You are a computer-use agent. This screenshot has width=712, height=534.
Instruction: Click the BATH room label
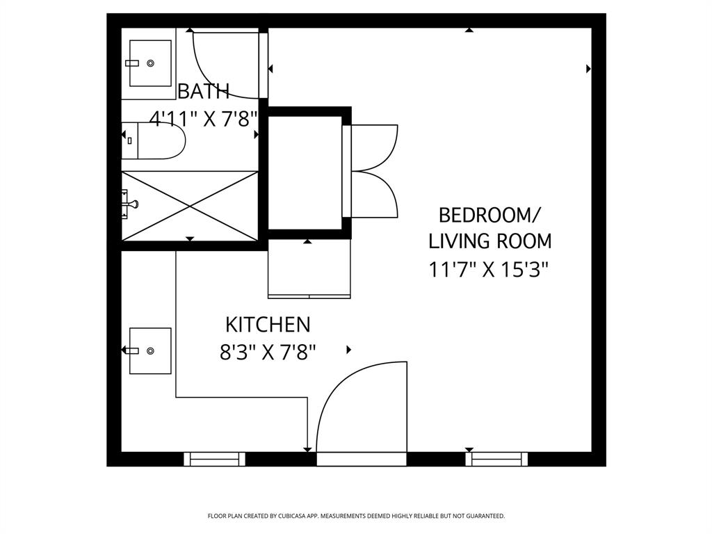coord(203,91)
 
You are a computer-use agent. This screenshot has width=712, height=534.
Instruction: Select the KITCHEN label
coord(267,325)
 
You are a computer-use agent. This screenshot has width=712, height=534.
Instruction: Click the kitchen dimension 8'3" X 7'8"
coord(268,353)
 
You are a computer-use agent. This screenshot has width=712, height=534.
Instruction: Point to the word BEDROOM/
coord(489,213)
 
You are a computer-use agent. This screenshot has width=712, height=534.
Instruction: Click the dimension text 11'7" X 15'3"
coord(489,269)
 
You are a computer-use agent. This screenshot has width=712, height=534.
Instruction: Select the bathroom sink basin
coord(150,63)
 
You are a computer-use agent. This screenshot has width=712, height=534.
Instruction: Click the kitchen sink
coord(150,350)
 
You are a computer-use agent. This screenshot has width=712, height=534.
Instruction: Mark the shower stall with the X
coord(191,205)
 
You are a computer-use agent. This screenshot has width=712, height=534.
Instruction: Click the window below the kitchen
coord(214,459)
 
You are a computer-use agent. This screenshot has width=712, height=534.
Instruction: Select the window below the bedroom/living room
coord(496,459)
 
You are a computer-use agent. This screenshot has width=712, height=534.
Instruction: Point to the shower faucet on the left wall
coord(130,204)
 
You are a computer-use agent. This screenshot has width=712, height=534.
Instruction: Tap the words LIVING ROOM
coord(489,241)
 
